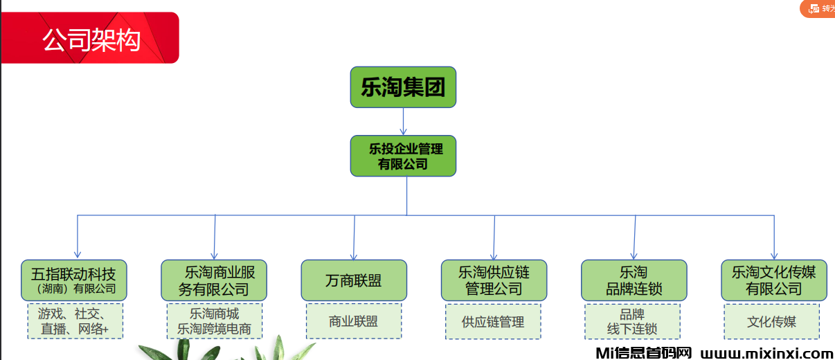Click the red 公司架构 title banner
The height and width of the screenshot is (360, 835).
pyautogui.click(x=90, y=38)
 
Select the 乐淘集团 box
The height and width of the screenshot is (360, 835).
pyautogui.click(x=403, y=87)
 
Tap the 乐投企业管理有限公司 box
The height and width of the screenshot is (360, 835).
pyautogui.click(x=403, y=156)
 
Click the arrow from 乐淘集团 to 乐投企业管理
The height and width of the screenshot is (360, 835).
pyautogui.click(x=403, y=122)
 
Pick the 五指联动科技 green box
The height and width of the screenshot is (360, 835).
pyautogui.click(x=74, y=280)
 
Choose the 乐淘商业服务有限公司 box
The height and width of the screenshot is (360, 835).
pyautogui.click(x=214, y=280)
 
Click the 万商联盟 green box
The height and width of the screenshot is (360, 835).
pyautogui.click(x=354, y=280)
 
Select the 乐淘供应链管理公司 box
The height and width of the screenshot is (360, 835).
pyautogui.click(x=494, y=280)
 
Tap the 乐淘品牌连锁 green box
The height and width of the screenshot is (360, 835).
pyautogui.click(x=634, y=280)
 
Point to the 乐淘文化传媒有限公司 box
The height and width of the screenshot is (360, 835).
pyautogui.click(x=773, y=280)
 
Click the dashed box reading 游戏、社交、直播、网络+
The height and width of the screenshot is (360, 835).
pyautogui.click(x=75, y=321)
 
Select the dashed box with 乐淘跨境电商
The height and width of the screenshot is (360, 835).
pyautogui.click(x=215, y=321)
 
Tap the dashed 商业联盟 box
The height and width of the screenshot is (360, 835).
pyautogui.click(x=354, y=321)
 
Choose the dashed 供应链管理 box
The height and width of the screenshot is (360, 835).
pyautogui.click(x=493, y=321)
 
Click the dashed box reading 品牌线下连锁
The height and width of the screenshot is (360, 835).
pyautogui.click(x=632, y=321)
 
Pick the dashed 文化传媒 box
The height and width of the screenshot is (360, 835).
pyautogui.click(x=771, y=321)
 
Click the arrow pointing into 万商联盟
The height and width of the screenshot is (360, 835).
pyautogui.click(x=354, y=238)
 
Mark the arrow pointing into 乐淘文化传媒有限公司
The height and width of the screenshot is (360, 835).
pyautogui.click(x=773, y=238)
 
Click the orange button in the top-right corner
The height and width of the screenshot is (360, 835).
pyautogui.click(x=819, y=8)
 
